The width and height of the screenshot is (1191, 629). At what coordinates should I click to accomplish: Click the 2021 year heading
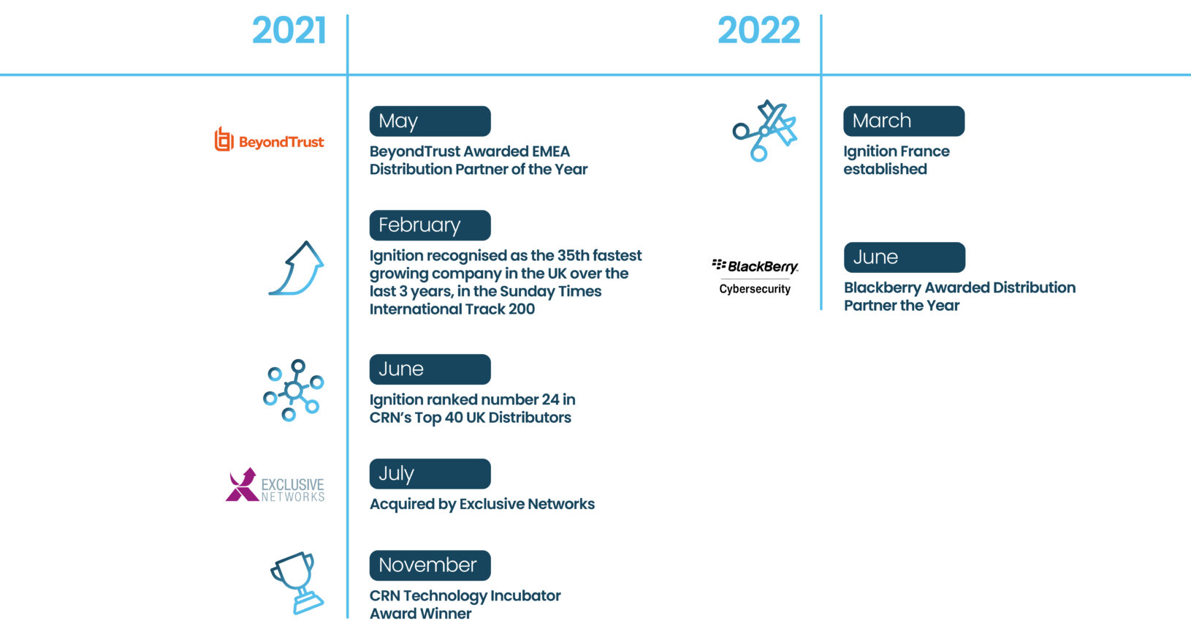(289, 30)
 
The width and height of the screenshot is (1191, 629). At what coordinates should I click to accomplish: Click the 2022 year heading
(758, 30)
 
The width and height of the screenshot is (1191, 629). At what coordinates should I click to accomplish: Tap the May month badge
(430, 121)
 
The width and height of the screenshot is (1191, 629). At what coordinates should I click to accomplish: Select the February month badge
(430, 225)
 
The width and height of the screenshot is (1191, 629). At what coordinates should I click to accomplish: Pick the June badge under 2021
(430, 369)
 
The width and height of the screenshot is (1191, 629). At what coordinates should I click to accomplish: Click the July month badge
(430, 474)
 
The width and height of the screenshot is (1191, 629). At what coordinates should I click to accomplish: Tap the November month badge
(430, 565)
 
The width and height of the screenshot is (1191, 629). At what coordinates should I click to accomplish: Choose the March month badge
(904, 121)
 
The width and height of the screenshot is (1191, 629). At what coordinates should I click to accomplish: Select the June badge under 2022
(905, 257)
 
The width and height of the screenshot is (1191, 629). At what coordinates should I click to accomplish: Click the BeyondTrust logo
(269, 140)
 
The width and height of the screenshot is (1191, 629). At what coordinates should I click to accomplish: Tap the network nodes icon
(293, 390)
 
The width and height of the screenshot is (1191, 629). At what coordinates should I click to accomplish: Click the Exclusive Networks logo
(274, 485)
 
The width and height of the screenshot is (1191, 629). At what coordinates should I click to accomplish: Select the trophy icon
(297, 583)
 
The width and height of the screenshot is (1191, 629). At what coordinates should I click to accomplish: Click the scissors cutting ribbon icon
(764, 130)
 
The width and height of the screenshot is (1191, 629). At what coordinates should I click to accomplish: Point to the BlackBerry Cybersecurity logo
(755, 276)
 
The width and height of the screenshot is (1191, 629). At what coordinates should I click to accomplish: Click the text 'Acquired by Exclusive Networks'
(482, 505)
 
